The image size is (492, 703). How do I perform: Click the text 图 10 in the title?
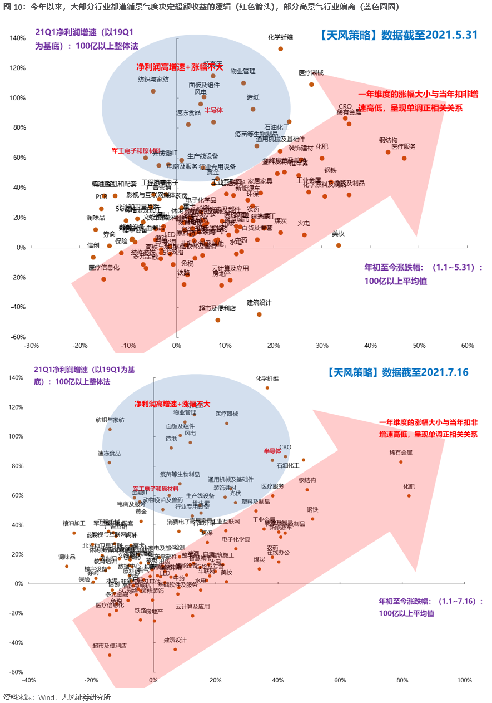point(12,7)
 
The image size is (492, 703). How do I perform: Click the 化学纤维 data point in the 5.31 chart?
point(280,49)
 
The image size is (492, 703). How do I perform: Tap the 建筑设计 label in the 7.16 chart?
point(175,640)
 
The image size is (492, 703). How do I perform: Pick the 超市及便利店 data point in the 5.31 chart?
point(217,320)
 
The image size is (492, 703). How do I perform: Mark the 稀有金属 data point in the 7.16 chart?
point(400,462)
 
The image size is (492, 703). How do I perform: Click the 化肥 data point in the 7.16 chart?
point(409,496)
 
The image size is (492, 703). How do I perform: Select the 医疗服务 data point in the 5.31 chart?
point(404,158)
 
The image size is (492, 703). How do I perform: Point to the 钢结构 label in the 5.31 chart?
point(388,140)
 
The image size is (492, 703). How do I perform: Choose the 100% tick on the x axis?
point(464,681)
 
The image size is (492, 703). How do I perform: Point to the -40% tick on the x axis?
point(29,681)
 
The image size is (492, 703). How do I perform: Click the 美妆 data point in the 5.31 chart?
point(338,245)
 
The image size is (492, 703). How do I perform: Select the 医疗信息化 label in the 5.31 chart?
point(104,268)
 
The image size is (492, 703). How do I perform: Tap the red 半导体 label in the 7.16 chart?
point(272,451)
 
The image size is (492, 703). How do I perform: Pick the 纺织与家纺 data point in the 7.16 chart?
point(110,430)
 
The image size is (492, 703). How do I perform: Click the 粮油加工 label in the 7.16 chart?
point(74,524)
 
